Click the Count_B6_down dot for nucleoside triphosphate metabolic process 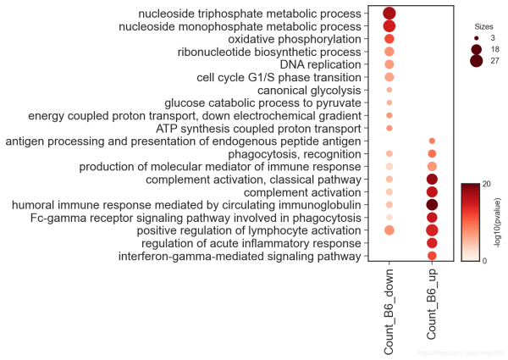click(389, 14)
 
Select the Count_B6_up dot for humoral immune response click(432, 205)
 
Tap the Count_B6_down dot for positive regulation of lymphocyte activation click(389, 230)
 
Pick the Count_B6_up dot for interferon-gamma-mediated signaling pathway click(432, 256)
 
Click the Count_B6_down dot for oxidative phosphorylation click(389, 39)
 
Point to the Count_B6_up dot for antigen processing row click(432, 141)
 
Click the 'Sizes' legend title click(484, 26)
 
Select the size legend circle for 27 click(477, 62)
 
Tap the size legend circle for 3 click(477, 39)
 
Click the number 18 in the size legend click(495, 50)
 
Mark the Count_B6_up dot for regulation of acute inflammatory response click(432, 243)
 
